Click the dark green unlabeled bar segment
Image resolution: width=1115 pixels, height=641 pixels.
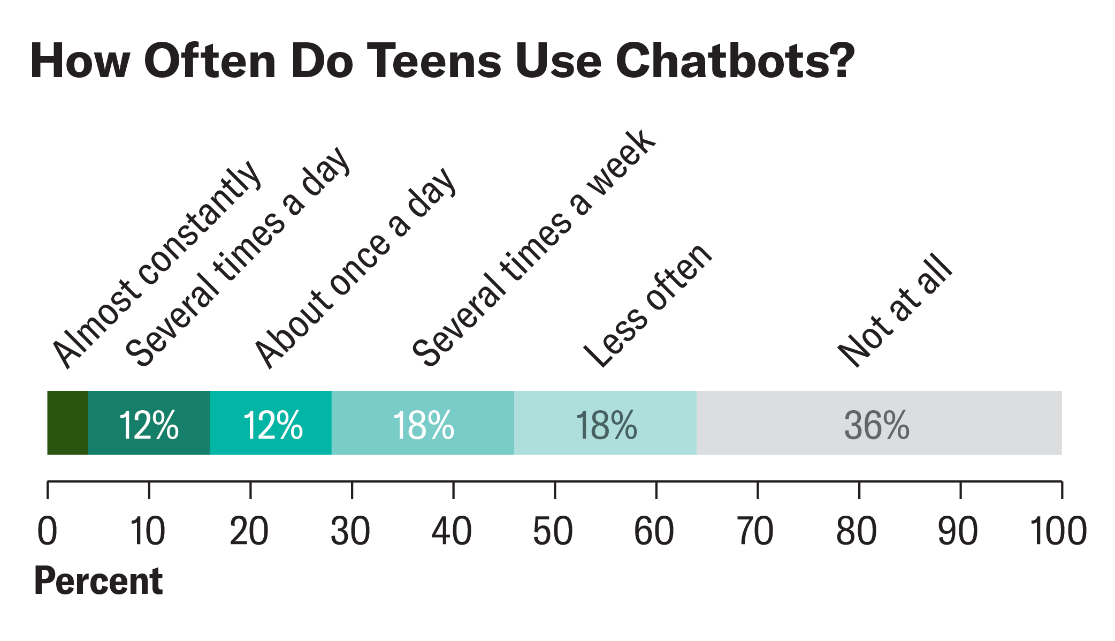(x=67, y=423)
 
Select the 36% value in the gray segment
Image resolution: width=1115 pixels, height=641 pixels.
(x=876, y=425)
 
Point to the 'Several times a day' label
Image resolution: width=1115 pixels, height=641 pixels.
(x=238, y=257)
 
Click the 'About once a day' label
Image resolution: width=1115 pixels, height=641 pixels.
(x=355, y=268)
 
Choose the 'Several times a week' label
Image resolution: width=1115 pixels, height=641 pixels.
(x=533, y=248)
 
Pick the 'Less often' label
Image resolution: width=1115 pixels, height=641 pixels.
(x=648, y=306)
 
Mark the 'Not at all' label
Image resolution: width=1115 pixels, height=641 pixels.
(x=895, y=311)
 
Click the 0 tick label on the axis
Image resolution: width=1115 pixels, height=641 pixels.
(x=47, y=531)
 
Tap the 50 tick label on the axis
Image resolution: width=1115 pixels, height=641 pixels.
(x=553, y=531)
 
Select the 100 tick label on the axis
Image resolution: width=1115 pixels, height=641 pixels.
(x=1058, y=531)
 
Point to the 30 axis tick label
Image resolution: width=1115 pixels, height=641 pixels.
(x=350, y=531)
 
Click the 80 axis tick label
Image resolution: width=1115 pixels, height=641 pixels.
(x=856, y=531)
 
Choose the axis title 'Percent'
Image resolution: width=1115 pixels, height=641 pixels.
(x=98, y=581)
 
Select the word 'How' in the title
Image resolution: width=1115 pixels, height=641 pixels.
(x=80, y=61)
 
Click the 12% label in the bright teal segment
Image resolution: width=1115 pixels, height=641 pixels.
(x=273, y=425)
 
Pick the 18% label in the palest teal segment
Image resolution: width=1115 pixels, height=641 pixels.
(x=606, y=425)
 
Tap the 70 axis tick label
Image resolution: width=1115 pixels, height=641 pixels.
(x=755, y=531)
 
